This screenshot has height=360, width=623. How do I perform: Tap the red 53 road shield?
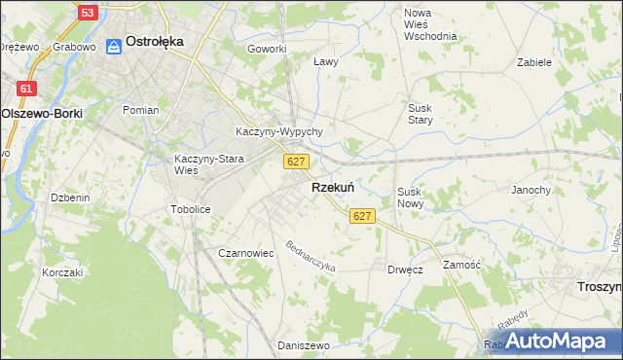coord(88,13)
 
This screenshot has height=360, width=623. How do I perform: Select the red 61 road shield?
coord(26,89)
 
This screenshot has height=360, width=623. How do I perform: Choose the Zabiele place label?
coord(535,61)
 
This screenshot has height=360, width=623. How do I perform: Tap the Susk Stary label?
coord(421,114)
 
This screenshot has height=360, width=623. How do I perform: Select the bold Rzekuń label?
coord(332,187)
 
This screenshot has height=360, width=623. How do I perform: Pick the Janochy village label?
coord(531,190)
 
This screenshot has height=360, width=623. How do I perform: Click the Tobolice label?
coord(191,209)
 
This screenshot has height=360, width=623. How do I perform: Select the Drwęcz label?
coord(405,269)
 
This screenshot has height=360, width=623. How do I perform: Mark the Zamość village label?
coord(462,265)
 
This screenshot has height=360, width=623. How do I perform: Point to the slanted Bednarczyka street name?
coord(310,255)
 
